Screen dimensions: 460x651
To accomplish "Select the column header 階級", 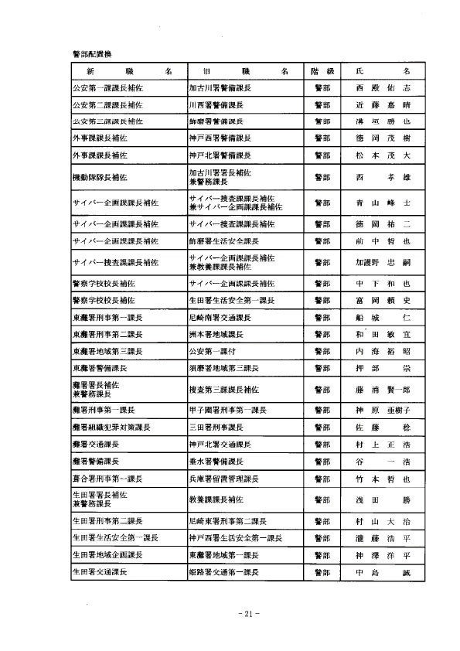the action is [x=319, y=70].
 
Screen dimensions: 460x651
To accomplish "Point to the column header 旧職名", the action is [x=240, y=70].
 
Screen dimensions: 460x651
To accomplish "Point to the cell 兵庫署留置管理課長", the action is [x=228, y=480].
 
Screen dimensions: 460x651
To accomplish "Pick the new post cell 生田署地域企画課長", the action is [x=107, y=555].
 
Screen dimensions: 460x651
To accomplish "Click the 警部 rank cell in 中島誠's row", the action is [x=319, y=573].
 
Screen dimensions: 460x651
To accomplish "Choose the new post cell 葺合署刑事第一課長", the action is [x=107, y=480].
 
